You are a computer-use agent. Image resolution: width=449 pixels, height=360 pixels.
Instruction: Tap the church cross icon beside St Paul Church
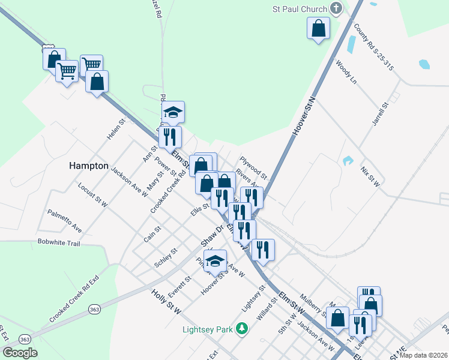point(336,8)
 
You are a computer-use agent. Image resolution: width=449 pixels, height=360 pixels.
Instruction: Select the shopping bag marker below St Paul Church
point(318,28)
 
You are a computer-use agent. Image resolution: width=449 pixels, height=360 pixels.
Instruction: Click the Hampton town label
point(89,166)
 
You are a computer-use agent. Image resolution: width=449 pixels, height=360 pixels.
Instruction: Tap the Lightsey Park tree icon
point(241,328)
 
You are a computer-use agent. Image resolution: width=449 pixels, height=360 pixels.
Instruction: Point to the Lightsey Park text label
point(208,329)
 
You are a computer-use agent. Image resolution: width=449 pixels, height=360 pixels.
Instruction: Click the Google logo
point(20,353)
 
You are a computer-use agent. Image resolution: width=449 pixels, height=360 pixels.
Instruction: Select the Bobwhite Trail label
point(58,243)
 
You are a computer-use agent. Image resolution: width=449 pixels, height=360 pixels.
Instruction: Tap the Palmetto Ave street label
point(64,221)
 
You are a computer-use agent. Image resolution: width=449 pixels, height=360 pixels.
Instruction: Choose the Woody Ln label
point(346,71)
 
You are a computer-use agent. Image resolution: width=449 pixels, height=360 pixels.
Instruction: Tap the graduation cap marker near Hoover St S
point(215,261)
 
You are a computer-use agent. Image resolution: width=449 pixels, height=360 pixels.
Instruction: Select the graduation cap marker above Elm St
point(173,112)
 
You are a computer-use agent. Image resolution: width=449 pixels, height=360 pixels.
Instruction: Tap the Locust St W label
point(92,195)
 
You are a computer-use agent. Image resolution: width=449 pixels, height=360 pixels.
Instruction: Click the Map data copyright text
point(424,355)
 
